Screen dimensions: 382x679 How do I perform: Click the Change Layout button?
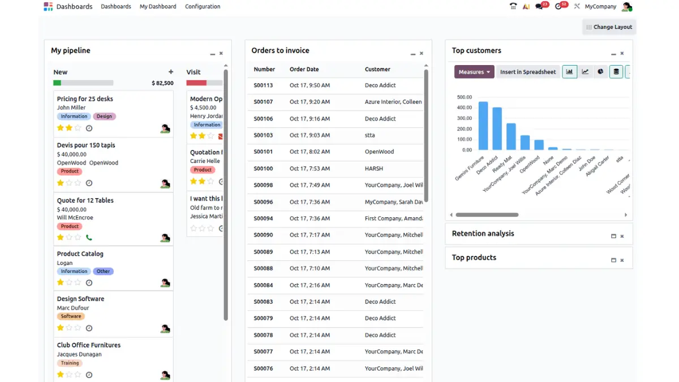point(609,27)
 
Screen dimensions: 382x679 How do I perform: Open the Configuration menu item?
point(203,7)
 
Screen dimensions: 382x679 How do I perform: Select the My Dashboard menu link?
point(158,7)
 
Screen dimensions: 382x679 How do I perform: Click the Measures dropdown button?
point(474,72)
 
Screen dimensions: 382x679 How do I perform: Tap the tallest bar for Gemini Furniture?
point(483,126)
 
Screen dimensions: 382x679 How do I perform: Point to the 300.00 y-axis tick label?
point(464,118)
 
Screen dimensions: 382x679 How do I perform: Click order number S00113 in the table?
point(263,85)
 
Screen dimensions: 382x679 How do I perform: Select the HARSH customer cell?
point(374,169)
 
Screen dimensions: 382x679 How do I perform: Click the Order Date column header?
point(304,69)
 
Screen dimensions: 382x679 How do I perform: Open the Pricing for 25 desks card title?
point(85,99)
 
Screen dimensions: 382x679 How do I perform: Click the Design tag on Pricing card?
point(104,117)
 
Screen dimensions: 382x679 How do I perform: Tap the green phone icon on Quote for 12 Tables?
point(89,238)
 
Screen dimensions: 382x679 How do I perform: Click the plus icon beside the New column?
point(171,72)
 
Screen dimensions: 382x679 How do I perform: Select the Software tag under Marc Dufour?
point(71,316)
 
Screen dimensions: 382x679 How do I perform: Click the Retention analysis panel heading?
point(483,233)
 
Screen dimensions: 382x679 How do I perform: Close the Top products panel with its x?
point(622,260)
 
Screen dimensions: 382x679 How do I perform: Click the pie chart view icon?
point(600,72)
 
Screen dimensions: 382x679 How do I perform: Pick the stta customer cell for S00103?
point(370,135)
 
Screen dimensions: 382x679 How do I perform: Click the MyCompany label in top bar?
point(600,7)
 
